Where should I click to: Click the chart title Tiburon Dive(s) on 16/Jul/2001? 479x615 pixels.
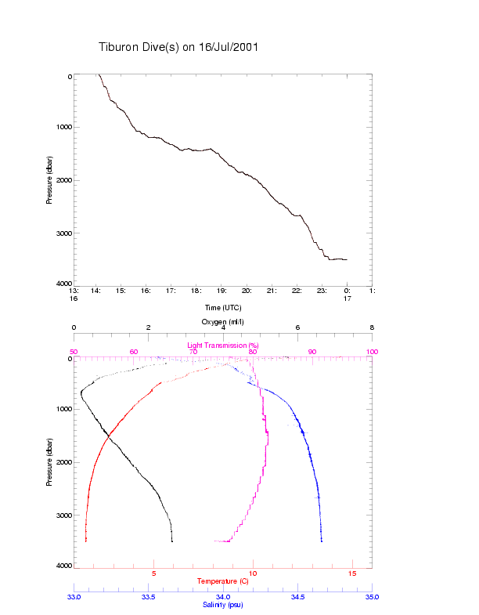[x=178, y=47]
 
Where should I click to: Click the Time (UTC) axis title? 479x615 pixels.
[x=223, y=307]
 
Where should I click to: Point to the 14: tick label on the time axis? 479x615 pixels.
[x=96, y=291]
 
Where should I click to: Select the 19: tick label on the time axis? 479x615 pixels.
[x=221, y=291]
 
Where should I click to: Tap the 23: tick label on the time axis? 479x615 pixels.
[x=322, y=291]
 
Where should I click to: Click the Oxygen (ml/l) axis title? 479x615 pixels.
[x=223, y=321]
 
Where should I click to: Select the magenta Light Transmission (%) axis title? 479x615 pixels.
[x=223, y=345]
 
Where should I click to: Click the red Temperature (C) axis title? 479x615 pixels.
[x=223, y=581]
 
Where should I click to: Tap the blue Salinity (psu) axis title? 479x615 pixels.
[x=223, y=605]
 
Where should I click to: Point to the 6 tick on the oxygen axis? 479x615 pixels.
[x=297, y=328]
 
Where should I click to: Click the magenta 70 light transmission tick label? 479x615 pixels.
[x=193, y=352]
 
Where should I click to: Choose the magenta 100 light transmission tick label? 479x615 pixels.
[x=372, y=352]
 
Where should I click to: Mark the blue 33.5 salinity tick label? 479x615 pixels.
[x=149, y=597]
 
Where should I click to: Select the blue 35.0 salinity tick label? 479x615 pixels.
[x=372, y=597]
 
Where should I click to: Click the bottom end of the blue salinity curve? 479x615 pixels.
[x=321, y=541]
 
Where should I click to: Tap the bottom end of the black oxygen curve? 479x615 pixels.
[x=172, y=541]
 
